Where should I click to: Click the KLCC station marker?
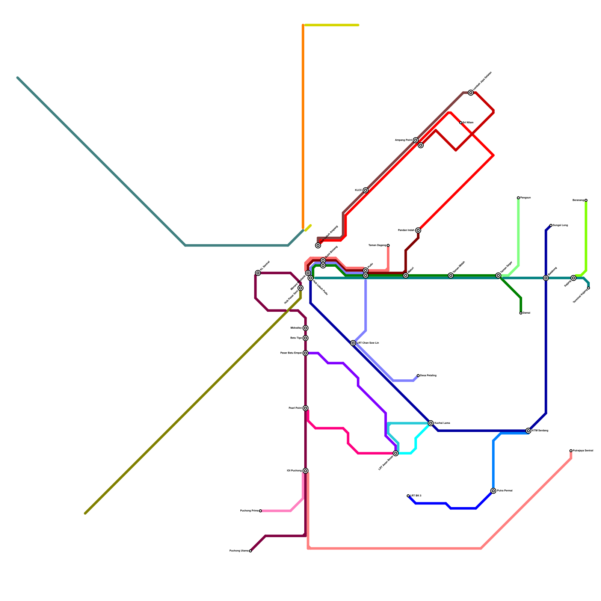tap(365, 190)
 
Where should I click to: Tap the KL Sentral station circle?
tap(258, 273)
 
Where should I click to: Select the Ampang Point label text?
tap(403, 140)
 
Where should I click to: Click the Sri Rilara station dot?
tap(461, 123)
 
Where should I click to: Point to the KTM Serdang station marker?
tap(529, 431)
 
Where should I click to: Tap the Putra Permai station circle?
tap(493, 491)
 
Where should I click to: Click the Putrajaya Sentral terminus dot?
tap(571, 451)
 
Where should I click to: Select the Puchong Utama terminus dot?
tap(251, 551)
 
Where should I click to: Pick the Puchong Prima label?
tap(249, 511)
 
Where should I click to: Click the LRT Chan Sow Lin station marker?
tap(353, 343)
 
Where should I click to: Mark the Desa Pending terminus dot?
tap(418, 376)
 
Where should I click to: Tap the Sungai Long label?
tap(560, 225)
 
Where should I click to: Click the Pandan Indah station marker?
tap(418, 230)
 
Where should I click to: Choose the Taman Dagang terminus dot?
tap(388, 245)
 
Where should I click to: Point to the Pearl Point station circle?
tap(306, 408)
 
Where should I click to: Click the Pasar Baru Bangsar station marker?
tap(306, 353)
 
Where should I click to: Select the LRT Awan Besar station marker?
tap(396, 453)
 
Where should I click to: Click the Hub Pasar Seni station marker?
tap(300, 288)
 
